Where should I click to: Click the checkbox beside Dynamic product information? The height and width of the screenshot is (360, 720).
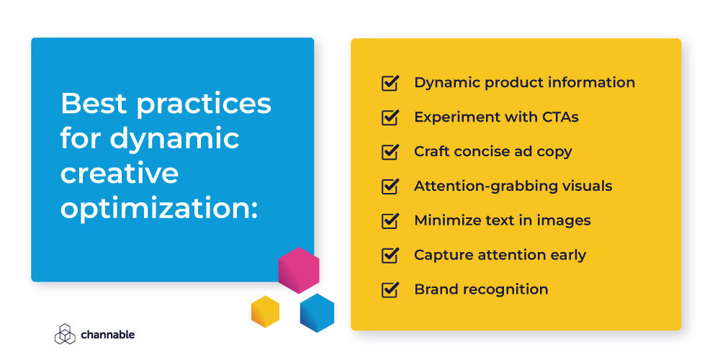pyautogui.click(x=390, y=83)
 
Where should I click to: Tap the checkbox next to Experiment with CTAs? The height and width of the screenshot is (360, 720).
pyautogui.click(x=390, y=117)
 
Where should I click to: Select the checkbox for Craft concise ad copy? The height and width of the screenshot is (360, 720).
pyautogui.click(x=390, y=152)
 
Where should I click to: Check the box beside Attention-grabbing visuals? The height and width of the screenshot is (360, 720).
pyautogui.click(x=390, y=186)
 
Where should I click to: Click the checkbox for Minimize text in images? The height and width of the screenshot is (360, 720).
pyautogui.click(x=390, y=221)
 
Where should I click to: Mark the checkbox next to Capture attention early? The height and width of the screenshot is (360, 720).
pyautogui.click(x=390, y=255)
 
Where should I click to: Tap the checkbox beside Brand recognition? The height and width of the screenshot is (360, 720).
pyautogui.click(x=390, y=289)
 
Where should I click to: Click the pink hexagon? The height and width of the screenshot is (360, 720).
pyautogui.click(x=298, y=270)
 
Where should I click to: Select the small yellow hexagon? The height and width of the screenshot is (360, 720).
pyautogui.click(x=265, y=311)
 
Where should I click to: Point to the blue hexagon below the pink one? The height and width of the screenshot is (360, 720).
pyautogui.click(x=317, y=312)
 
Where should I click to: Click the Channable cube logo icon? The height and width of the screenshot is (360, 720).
pyautogui.click(x=65, y=334)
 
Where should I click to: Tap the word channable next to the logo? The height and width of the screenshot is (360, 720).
pyautogui.click(x=107, y=335)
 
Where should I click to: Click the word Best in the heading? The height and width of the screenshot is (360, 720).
pyautogui.click(x=93, y=104)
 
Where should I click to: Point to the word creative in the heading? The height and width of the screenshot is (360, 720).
pyautogui.click(x=119, y=173)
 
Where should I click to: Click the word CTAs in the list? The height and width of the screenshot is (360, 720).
pyautogui.click(x=556, y=117)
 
